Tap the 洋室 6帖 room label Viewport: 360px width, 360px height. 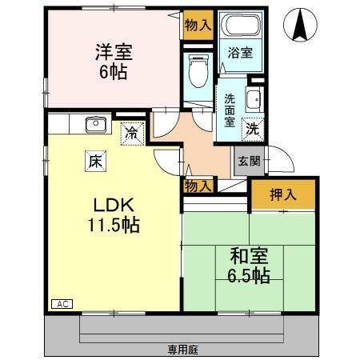point(112,61)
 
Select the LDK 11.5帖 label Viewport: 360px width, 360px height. point(114,214)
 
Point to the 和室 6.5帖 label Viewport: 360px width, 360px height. point(249,266)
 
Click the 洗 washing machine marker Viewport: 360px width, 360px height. point(251,129)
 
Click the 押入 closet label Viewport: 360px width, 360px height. point(282,194)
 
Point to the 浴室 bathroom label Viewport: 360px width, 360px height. point(241,54)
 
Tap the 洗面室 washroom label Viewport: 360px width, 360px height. point(230,110)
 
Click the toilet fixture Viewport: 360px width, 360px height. point(198,70)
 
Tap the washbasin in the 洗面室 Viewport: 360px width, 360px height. point(253,100)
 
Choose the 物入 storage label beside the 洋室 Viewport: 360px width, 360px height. point(198,25)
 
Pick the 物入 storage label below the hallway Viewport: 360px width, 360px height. point(198,186)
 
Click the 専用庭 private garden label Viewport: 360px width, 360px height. point(182,349)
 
